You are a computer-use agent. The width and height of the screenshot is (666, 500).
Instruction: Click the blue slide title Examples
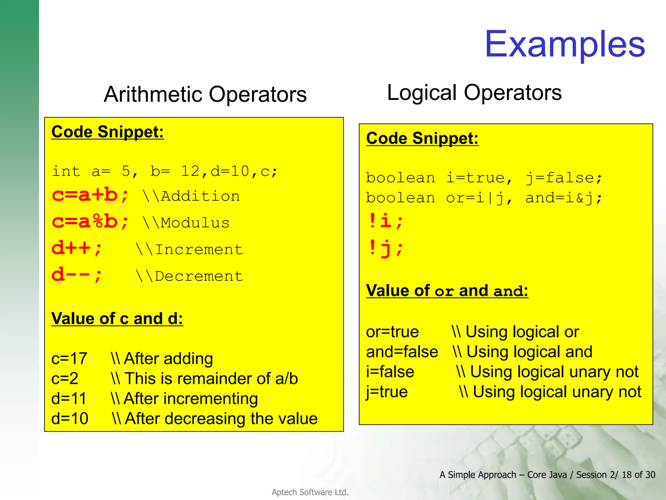[565, 44]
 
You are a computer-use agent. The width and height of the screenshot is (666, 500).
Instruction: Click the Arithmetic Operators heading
[205, 94]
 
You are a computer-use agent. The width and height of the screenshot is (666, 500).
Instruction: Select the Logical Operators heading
[474, 92]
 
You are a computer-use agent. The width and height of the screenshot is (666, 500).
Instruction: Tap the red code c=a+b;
[90, 195]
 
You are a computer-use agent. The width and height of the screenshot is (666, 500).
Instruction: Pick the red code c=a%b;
[90, 222]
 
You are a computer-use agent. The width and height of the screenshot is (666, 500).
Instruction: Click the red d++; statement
[77, 249]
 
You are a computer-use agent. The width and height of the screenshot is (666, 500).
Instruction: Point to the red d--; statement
[77, 275]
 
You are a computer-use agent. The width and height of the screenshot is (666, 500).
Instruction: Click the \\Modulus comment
[186, 223]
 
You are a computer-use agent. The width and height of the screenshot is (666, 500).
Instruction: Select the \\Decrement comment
[189, 276]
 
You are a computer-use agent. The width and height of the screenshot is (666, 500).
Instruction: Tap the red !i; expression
[386, 221]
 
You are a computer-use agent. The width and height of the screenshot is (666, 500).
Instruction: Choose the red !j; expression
[386, 248]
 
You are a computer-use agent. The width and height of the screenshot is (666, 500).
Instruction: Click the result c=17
[69, 358]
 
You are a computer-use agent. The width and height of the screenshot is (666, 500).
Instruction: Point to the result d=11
[69, 398]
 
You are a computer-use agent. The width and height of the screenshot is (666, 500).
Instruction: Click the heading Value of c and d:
[117, 318]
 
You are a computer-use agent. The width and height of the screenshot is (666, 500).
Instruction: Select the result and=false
[402, 352]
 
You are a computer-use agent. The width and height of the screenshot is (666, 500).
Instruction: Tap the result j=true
[387, 392]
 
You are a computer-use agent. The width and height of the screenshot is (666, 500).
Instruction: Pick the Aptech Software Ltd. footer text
[310, 492]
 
